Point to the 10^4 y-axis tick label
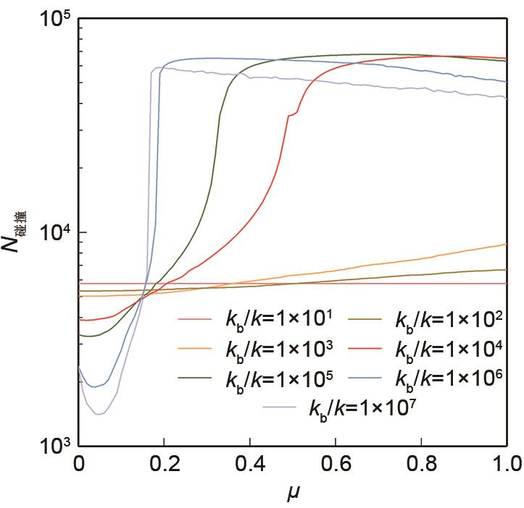[52, 233]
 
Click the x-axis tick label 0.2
[164, 462]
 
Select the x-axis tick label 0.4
[249, 462]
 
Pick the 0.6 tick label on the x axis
[335, 462]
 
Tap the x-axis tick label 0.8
[420, 462]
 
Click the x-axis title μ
[292, 494]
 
